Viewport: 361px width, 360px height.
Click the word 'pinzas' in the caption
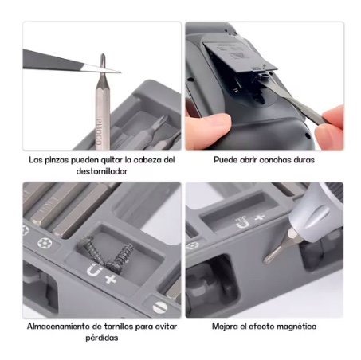(57, 161)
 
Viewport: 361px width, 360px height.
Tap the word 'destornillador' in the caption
(102, 171)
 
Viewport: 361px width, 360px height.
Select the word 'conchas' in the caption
(275, 160)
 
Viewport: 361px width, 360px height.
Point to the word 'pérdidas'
(102, 338)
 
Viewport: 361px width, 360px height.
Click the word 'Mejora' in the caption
(225, 327)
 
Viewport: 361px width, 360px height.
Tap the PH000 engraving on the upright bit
(99, 131)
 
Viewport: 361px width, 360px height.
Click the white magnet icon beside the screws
(95, 270)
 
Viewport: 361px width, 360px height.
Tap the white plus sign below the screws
(111, 279)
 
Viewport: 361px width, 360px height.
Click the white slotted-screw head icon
(160, 307)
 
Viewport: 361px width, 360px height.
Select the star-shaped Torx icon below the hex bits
(45, 243)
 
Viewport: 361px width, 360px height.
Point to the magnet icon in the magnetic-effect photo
(243, 223)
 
